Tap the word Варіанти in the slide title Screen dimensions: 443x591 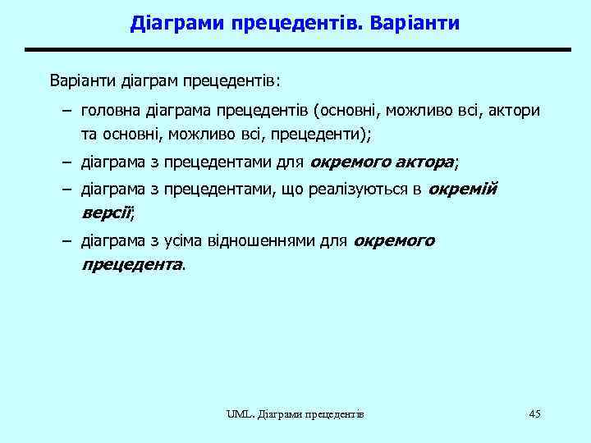tap(415, 23)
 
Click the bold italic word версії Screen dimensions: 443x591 tap(106, 213)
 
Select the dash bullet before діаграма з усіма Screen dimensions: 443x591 tap(65, 241)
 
